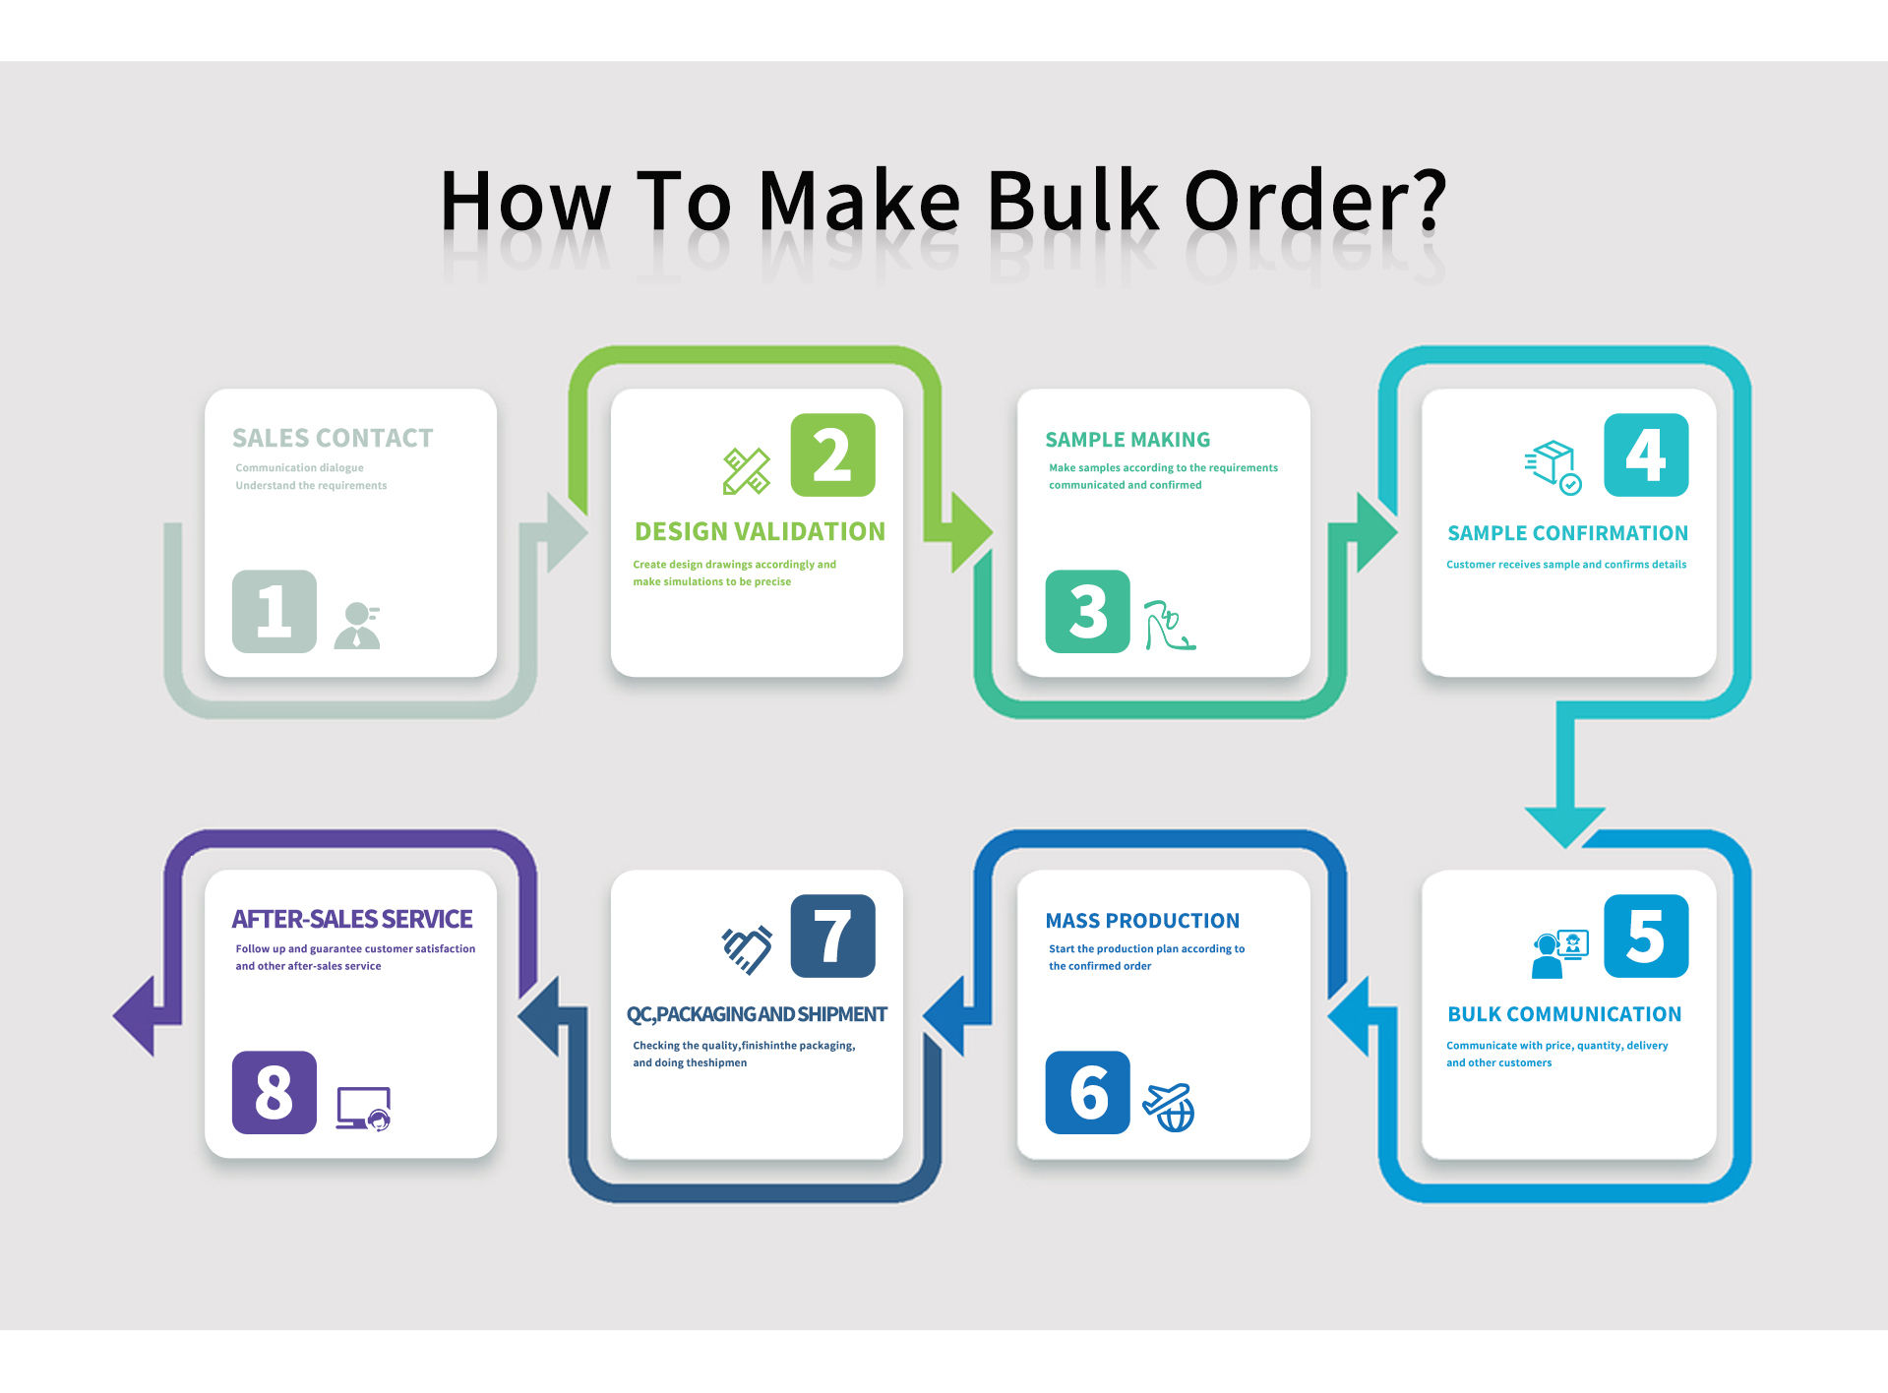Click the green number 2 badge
click(832, 454)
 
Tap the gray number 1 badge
click(274, 611)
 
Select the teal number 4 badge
click(1646, 454)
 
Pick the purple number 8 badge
click(274, 1092)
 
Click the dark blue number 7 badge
click(832, 936)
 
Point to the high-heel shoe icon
click(1169, 626)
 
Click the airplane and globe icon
click(1169, 1107)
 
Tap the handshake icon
click(747, 949)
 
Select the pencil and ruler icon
click(747, 470)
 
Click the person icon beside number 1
click(357, 626)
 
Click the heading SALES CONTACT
click(333, 438)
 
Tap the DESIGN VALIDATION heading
click(760, 531)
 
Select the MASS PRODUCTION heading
click(1142, 921)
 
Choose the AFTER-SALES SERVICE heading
click(352, 919)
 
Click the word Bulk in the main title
click(1072, 201)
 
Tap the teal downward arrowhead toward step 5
click(1564, 823)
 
